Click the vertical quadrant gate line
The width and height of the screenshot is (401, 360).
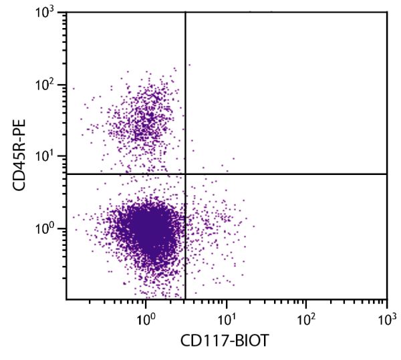click(x=185, y=100)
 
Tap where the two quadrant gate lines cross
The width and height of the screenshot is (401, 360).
click(x=185, y=174)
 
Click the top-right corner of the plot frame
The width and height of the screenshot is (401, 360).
click(x=387, y=12)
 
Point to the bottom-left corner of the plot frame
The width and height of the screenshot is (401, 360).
click(x=66, y=299)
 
